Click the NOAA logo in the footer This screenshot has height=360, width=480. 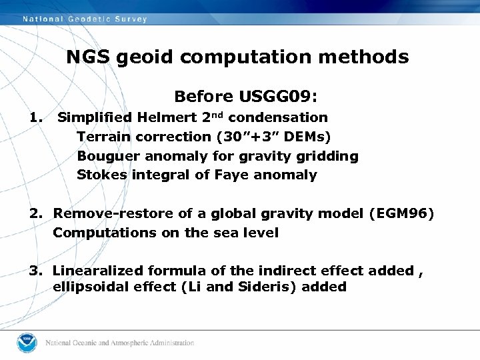(x=27, y=343)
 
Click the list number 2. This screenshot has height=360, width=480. (x=35, y=214)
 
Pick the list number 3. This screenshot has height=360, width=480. (x=35, y=271)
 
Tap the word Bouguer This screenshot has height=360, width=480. (x=105, y=157)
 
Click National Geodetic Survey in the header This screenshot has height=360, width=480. (x=85, y=19)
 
